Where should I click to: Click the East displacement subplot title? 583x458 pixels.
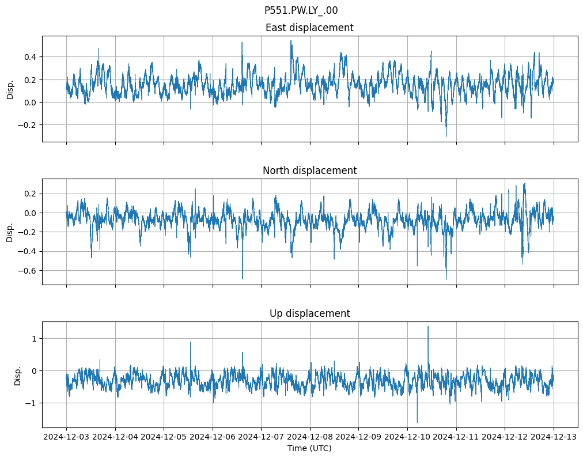[x=309, y=28]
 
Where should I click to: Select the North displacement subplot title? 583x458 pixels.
[x=309, y=171]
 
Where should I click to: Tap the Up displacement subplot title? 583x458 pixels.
[x=309, y=313]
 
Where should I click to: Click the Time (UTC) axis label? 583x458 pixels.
[x=309, y=448]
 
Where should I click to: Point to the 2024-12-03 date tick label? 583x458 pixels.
[x=66, y=437]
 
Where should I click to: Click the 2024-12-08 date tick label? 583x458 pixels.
[x=310, y=437]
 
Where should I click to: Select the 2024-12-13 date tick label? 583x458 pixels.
[x=554, y=437]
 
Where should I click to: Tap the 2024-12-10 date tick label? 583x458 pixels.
[x=407, y=437]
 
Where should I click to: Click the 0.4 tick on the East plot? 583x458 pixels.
[x=29, y=57]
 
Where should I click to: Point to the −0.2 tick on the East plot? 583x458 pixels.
[x=26, y=125]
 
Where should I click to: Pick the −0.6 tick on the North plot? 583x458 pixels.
[x=26, y=271]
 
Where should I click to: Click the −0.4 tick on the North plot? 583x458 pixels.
[x=26, y=251]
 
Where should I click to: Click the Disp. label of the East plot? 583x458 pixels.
[x=10, y=89]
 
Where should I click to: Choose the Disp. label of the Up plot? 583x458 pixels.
[x=17, y=375]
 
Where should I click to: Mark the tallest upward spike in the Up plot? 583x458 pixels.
[x=428, y=327]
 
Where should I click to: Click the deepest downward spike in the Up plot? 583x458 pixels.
[x=417, y=422]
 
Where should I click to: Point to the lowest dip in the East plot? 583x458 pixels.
[x=446, y=136]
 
